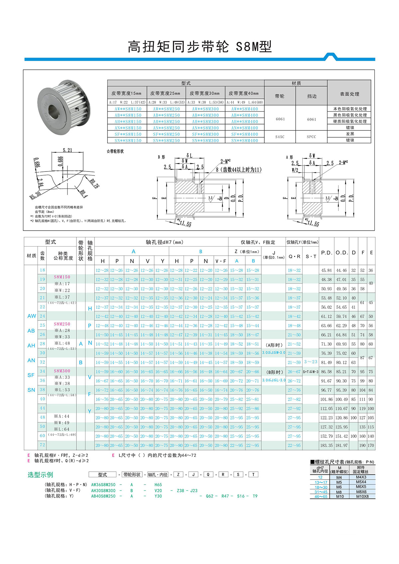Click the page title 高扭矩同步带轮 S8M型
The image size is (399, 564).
pyautogui.click(x=199, y=47)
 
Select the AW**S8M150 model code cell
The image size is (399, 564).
pyautogui.click(x=128, y=109)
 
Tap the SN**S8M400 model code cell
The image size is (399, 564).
pyautogui.click(x=245, y=141)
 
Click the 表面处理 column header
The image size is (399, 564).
pyautogui.click(x=349, y=94)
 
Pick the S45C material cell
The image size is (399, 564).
pyautogui.click(x=280, y=137)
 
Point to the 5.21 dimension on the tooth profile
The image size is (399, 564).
pyautogui.click(x=67, y=150)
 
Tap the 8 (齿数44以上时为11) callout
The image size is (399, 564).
pyautogui.click(x=239, y=169)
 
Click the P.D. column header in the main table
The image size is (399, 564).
pyautogui.click(x=327, y=253)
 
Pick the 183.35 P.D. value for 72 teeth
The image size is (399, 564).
pyautogui.click(x=327, y=445)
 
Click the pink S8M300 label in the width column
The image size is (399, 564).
pyautogui.click(x=62, y=371)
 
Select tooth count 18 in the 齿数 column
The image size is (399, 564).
pyautogui.click(x=42, y=270)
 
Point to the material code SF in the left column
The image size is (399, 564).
pyautogui.click(x=31, y=375)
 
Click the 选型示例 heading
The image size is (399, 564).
pyautogui.click(x=40, y=475)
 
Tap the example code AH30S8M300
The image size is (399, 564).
pyautogui.click(x=103, y=491)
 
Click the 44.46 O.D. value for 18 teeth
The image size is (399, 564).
pyautogui.click(x=341, y=271)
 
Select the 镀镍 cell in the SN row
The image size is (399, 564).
pyautogui.click(x=350, y=140)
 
